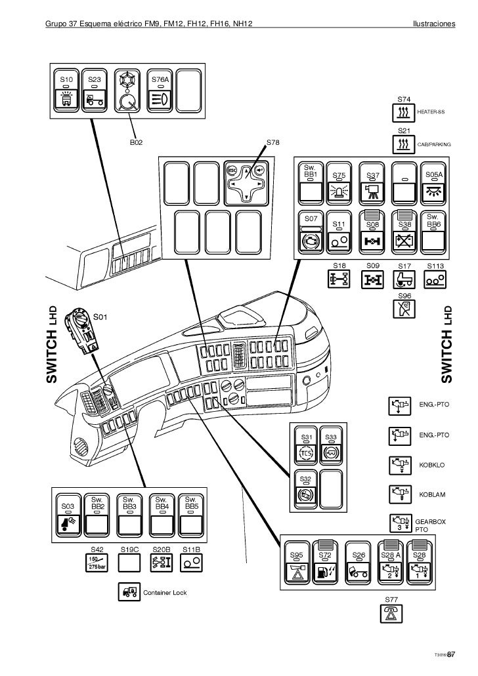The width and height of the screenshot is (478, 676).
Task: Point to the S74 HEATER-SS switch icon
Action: pos(405,113)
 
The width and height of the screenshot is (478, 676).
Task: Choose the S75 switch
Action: pos(339,184)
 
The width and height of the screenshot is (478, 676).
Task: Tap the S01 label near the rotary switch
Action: pos(101,317)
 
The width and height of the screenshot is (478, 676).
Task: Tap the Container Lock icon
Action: pos(127,592)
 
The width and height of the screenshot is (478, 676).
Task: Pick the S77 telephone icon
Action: pos(392,613)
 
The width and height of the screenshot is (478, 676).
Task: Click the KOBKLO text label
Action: pos(432,464)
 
